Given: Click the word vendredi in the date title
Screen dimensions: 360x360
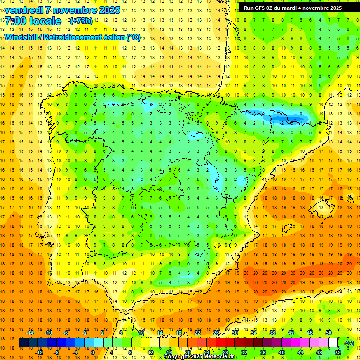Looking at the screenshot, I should [23, 10].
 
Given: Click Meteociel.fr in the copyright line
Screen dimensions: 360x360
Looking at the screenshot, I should [220, 357].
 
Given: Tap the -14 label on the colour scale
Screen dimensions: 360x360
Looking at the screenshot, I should [30, 333].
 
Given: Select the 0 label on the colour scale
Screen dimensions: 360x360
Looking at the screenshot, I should [93, 352].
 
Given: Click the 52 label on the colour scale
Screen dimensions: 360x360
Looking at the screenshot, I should [337, 352].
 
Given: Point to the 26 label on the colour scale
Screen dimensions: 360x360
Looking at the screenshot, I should [216, 333].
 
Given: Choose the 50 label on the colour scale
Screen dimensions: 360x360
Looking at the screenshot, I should [328, 333].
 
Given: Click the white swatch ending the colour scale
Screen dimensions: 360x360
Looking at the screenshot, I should [333, 343].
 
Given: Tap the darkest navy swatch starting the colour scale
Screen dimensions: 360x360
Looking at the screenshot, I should [23, 343].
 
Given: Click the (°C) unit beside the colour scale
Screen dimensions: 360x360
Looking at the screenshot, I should [349, 343].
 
